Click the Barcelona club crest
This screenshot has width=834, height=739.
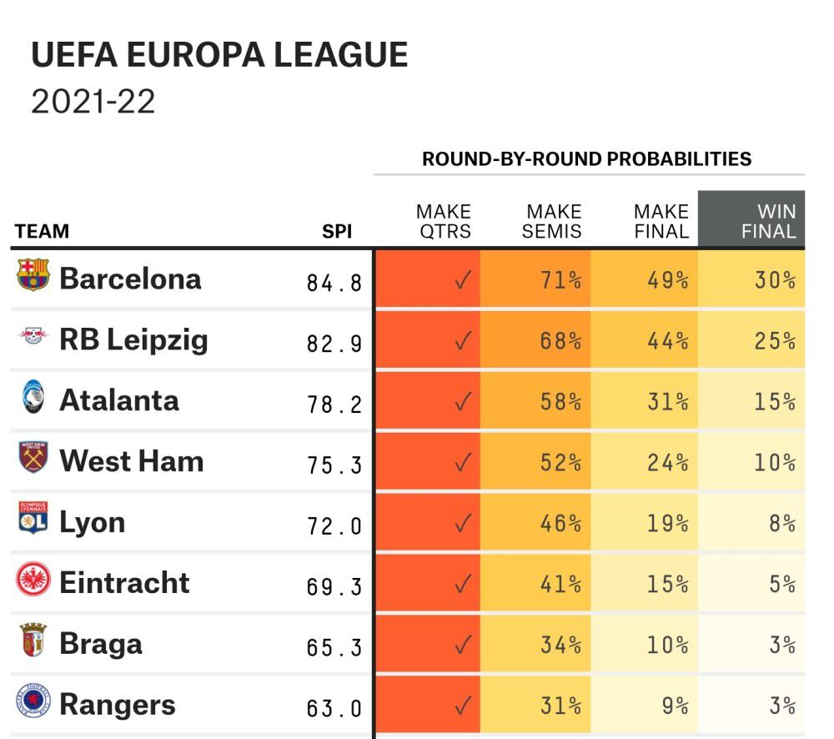(33, 276)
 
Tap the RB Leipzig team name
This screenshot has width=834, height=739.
(133, 339)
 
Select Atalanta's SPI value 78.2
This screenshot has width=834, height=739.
(334, 404)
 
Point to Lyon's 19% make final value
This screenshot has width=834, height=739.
(667, 523)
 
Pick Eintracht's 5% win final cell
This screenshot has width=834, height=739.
(781, 584)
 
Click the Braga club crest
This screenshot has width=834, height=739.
(33, 641)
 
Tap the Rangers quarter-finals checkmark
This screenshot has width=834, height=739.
(463, 706)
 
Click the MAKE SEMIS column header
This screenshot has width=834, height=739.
(552, 221)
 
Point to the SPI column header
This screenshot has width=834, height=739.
(337, 232)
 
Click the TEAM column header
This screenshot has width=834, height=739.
(42, 232)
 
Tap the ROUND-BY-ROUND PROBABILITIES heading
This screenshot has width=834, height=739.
(586, 158)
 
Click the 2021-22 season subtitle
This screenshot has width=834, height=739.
(93, 102)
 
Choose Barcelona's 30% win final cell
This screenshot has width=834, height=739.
(775, 279)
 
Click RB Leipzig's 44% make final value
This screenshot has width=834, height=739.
(667, 340)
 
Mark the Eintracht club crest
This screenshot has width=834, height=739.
(33, 581)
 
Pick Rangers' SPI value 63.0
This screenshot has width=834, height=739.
(334, 708)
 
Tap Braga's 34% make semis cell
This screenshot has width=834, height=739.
(560, 645)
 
